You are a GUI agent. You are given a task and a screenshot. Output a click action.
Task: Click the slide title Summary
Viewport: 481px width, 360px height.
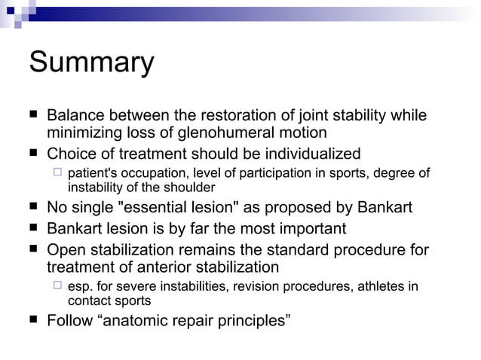point(91,63)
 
